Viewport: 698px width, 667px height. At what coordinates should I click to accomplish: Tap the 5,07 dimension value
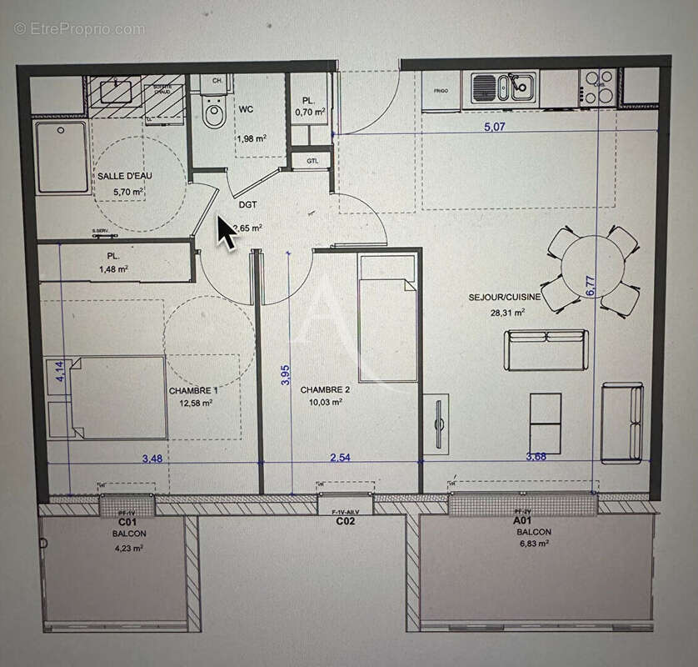coord(494,127)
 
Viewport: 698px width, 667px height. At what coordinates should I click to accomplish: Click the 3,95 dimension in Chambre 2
coord(286,374)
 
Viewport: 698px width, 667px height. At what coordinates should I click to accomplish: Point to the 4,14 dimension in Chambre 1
coord(59,370)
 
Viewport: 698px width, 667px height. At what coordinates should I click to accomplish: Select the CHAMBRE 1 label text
coord(193,390)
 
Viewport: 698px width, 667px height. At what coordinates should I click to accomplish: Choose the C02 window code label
coord(346,522)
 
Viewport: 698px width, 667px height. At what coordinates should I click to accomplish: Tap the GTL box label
coord(312,160)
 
